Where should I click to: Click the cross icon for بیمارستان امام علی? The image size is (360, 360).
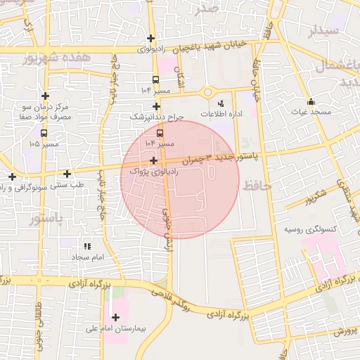115,317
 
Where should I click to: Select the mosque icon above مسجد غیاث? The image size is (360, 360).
311,101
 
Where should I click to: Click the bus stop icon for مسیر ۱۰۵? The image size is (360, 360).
44,132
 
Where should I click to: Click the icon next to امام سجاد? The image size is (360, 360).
87,247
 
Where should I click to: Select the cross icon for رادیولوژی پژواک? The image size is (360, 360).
153,161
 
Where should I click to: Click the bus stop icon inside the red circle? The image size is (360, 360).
160,131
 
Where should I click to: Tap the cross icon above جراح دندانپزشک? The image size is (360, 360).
156,107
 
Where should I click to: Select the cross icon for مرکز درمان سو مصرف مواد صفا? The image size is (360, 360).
46,96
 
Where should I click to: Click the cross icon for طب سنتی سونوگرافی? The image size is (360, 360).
67,174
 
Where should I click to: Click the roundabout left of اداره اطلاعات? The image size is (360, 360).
208,92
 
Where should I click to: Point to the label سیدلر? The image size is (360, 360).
324,30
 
